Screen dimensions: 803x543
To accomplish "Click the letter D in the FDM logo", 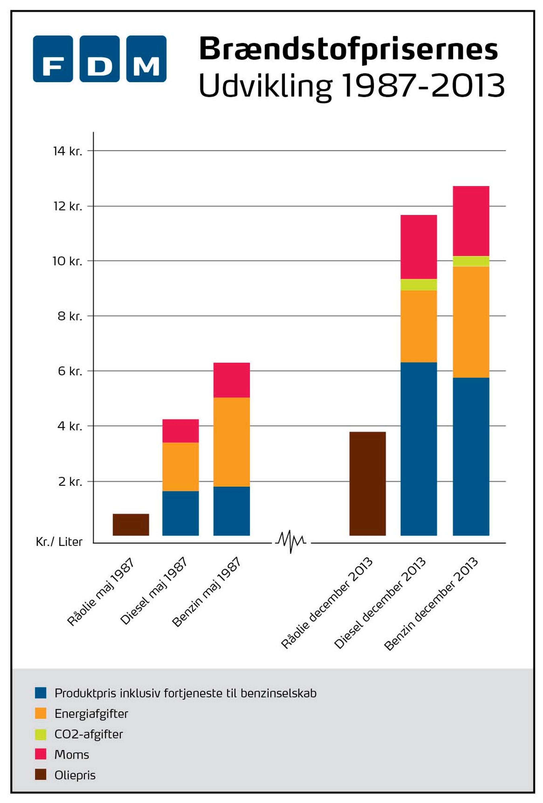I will point(99,59).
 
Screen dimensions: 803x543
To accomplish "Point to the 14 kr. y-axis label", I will point(68,151).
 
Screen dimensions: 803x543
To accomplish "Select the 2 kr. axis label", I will point(70,481).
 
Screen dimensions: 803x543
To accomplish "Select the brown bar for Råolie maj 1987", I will point(131,524).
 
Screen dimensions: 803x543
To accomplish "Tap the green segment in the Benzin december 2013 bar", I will point(471,261).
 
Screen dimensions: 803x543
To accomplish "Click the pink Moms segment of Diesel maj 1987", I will point(180,431).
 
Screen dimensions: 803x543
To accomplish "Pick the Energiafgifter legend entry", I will point(91,714).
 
